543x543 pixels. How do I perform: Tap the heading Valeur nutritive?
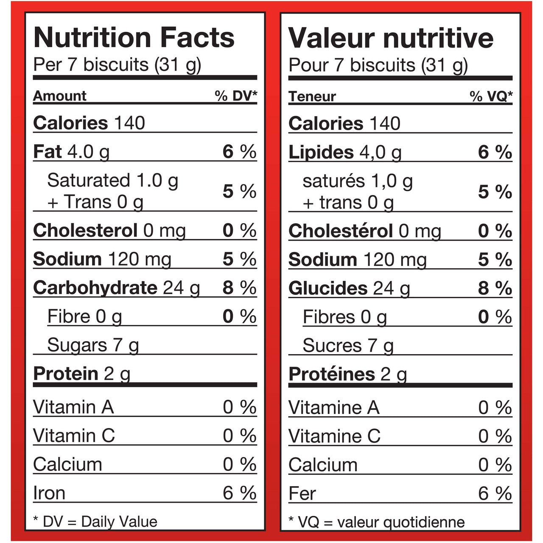[391, 38]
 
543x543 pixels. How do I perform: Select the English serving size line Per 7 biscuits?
[117, 64]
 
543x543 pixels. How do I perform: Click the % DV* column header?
[236, 96]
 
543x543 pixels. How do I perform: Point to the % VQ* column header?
[491, 97]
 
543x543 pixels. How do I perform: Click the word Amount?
[60, 96]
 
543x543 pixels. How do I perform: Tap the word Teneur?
[312, 97]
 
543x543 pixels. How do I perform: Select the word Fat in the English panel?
[48, 151]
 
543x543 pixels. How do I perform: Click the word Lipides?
[321, 152]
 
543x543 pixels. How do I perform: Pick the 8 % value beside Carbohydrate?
[240, 288]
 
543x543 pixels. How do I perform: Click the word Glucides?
[328, 288]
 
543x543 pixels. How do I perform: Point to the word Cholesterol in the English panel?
[85, 231]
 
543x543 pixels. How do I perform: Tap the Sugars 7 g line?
[93, 345]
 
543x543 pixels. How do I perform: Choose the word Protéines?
[332, 374]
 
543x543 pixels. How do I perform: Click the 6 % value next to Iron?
[240, 493]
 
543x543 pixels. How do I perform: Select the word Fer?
[302, 494]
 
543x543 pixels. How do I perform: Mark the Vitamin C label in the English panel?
[74, 436]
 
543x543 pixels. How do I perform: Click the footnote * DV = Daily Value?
[95, 521]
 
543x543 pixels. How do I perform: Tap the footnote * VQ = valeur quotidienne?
[376, 522]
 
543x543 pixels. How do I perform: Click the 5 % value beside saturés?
[495, 192]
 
